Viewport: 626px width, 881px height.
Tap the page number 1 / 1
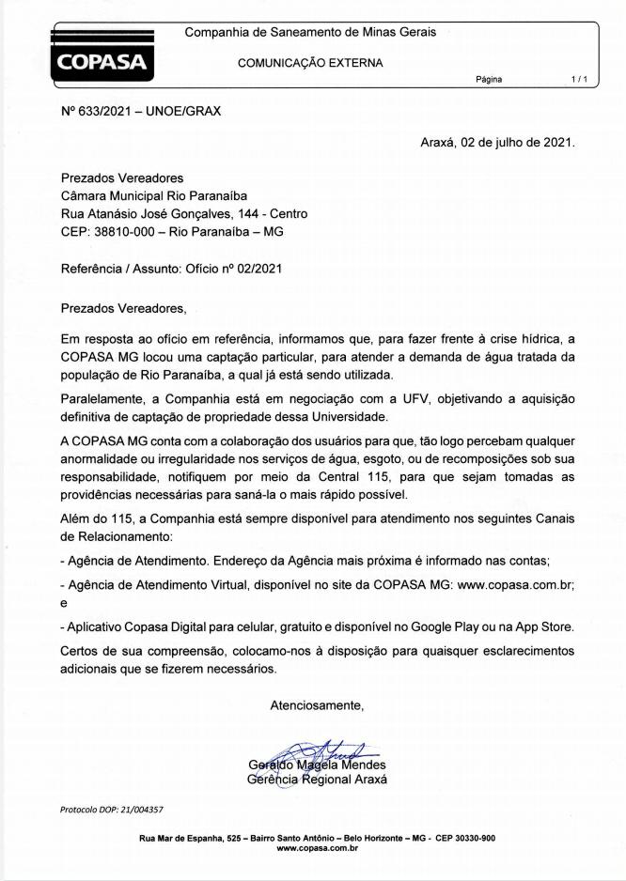tap(579, 80)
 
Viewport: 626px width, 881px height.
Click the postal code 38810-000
tap(124, 232)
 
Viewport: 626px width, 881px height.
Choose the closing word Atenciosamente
tap(317, 704)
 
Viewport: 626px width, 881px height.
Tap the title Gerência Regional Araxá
tap(317, 780)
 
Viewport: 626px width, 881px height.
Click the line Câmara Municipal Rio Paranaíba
tap(154, 196)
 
